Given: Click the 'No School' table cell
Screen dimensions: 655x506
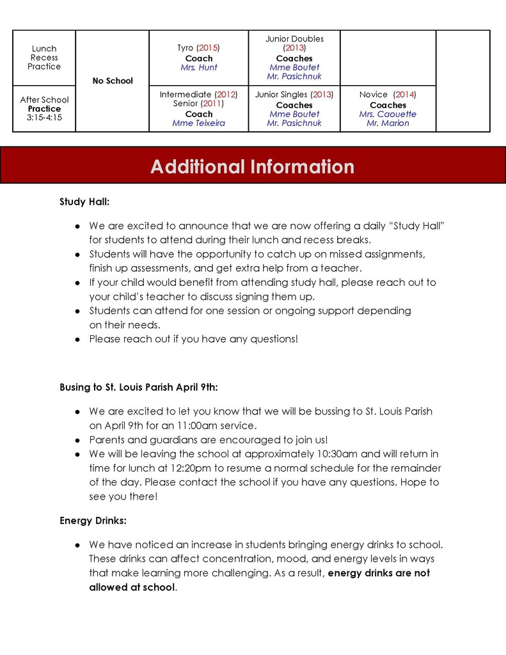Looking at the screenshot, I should point(113,81).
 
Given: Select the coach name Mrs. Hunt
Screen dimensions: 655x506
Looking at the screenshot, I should point(198,67).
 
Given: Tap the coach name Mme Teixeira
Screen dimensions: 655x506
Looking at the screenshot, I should point(198,123).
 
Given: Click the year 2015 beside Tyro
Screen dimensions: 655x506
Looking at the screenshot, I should point(209,48).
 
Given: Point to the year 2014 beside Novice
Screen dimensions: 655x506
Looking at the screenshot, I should point(405,95).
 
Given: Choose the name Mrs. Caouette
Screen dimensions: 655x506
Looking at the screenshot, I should point(388,114).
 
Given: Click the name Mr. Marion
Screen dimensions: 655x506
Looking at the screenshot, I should point(388,123).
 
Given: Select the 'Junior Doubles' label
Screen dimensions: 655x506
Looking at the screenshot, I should point(294,39).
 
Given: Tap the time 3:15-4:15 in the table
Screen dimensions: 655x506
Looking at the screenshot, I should point(44,118).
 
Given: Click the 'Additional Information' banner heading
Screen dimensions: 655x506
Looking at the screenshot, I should point(252,167).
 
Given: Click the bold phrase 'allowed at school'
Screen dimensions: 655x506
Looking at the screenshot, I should point(131,587).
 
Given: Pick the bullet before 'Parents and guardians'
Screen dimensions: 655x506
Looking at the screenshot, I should point(77,440).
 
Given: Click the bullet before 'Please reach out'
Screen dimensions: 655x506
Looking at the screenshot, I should point(77,339).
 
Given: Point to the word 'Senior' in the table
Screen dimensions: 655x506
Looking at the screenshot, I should point(186,104).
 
